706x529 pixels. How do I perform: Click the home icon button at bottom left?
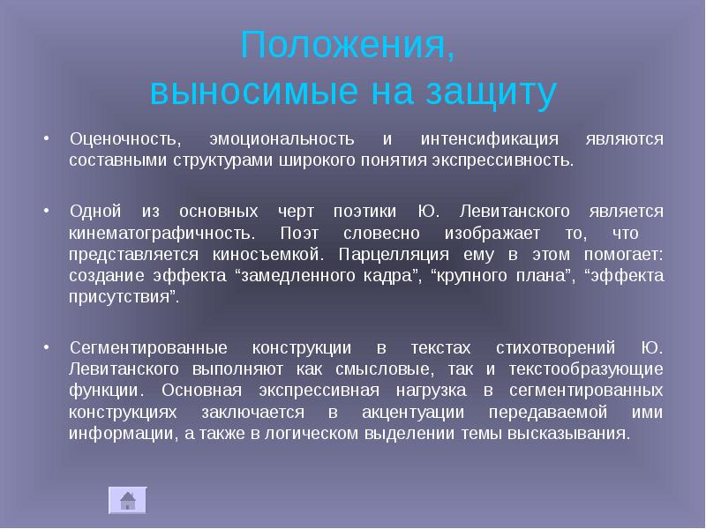point(127,500)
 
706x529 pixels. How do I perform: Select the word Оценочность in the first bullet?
point(126,140)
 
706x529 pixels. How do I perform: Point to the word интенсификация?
point(477,140)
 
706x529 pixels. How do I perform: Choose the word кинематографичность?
point(161,234)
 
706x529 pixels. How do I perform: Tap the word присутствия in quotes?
point(123,297)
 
